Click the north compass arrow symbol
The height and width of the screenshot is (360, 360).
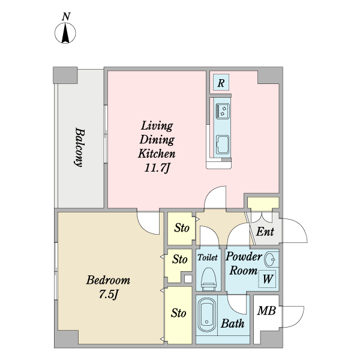coord(65,33)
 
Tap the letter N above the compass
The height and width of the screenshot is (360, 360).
coord(66,17)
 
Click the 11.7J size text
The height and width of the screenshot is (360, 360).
coord(157,168)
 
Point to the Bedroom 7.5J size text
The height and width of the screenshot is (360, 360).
coord(109,294)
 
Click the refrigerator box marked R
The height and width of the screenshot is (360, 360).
coord(221,82)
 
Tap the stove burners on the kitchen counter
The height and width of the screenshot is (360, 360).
coord(222,111)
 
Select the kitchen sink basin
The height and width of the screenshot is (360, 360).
coord(223,144)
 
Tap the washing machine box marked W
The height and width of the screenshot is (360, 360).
coord(267,279)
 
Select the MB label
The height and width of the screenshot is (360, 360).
coord(266,311)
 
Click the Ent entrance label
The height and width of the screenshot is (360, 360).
coord(265,232)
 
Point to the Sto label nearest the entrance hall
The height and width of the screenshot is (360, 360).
coord(182,228)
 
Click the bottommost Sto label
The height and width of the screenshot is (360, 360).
coord(178,313)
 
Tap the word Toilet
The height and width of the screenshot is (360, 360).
coord(208,257)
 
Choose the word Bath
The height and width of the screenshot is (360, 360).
coord(232,323)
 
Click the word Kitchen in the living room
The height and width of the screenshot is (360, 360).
coord(157,154)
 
